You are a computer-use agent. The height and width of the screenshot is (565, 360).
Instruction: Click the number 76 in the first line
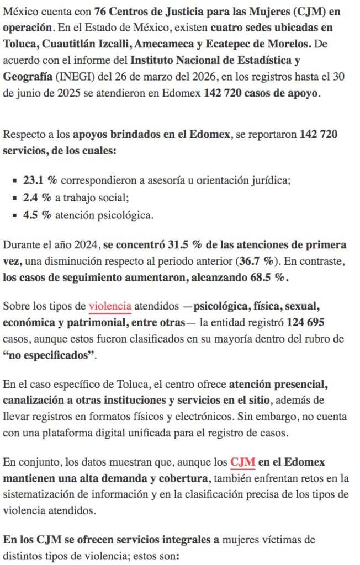(x=100, y=11)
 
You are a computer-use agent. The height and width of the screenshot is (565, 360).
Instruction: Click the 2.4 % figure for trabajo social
(x=37, y=198)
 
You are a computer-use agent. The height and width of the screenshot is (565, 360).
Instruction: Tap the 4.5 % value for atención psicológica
(x=37, y=215)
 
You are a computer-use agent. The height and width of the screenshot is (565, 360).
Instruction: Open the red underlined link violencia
(x=110, y=306)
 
